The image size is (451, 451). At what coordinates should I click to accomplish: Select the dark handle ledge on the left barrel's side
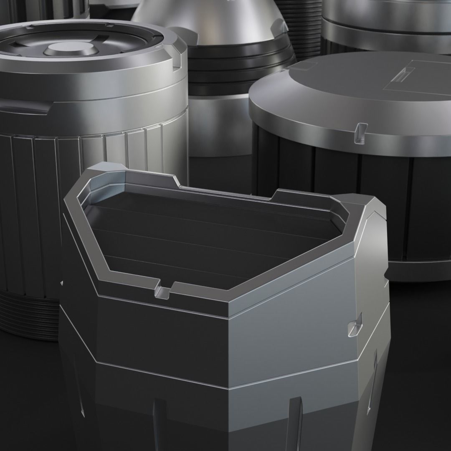click(x=25, y=106)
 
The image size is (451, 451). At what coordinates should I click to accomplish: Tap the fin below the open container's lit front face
click(x=295, y=422)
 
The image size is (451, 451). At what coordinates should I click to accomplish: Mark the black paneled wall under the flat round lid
click(x=334, y=196)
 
